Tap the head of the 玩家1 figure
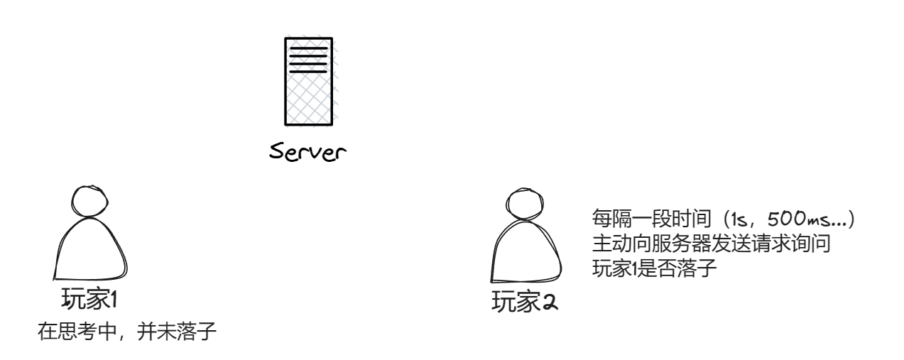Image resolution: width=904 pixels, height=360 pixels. click(88, 202)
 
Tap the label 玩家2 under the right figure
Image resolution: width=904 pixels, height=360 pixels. click(525, 303)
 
